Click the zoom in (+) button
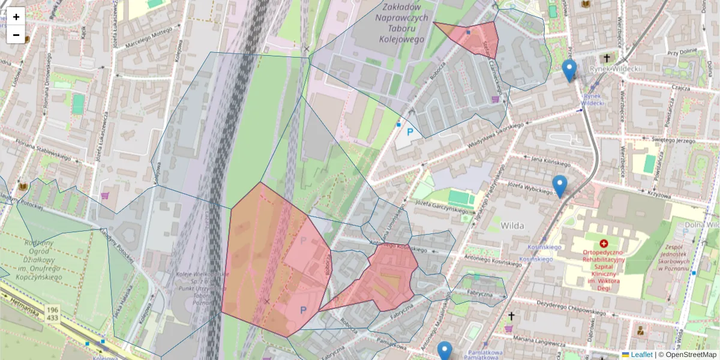point(16,17)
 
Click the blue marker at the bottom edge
point(445,350)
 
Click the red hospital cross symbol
point(604,244)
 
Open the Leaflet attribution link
point(641,355)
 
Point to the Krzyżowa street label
point(658,195)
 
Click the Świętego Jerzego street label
point(673,139)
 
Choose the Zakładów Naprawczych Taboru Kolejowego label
point(402,23)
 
